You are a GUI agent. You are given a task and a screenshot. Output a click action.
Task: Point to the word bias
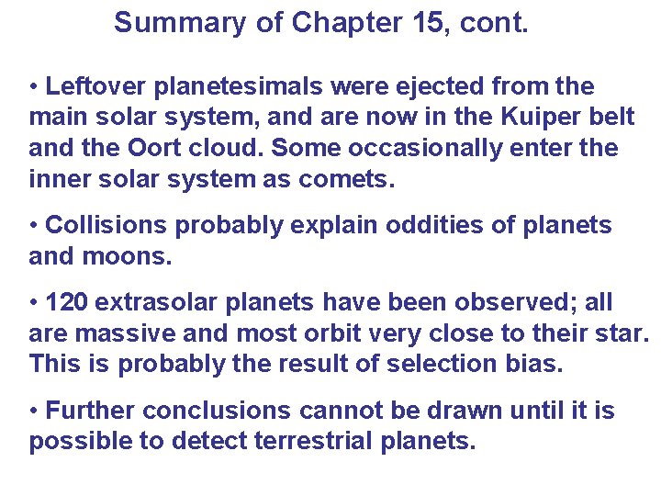click(x=537, y=364)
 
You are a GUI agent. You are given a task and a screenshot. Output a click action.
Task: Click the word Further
click(x=90, y=410)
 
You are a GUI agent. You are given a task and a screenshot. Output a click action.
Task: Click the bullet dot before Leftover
click(x=34, y=87)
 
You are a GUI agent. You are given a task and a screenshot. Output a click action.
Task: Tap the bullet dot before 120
click(x=34, y=302)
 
